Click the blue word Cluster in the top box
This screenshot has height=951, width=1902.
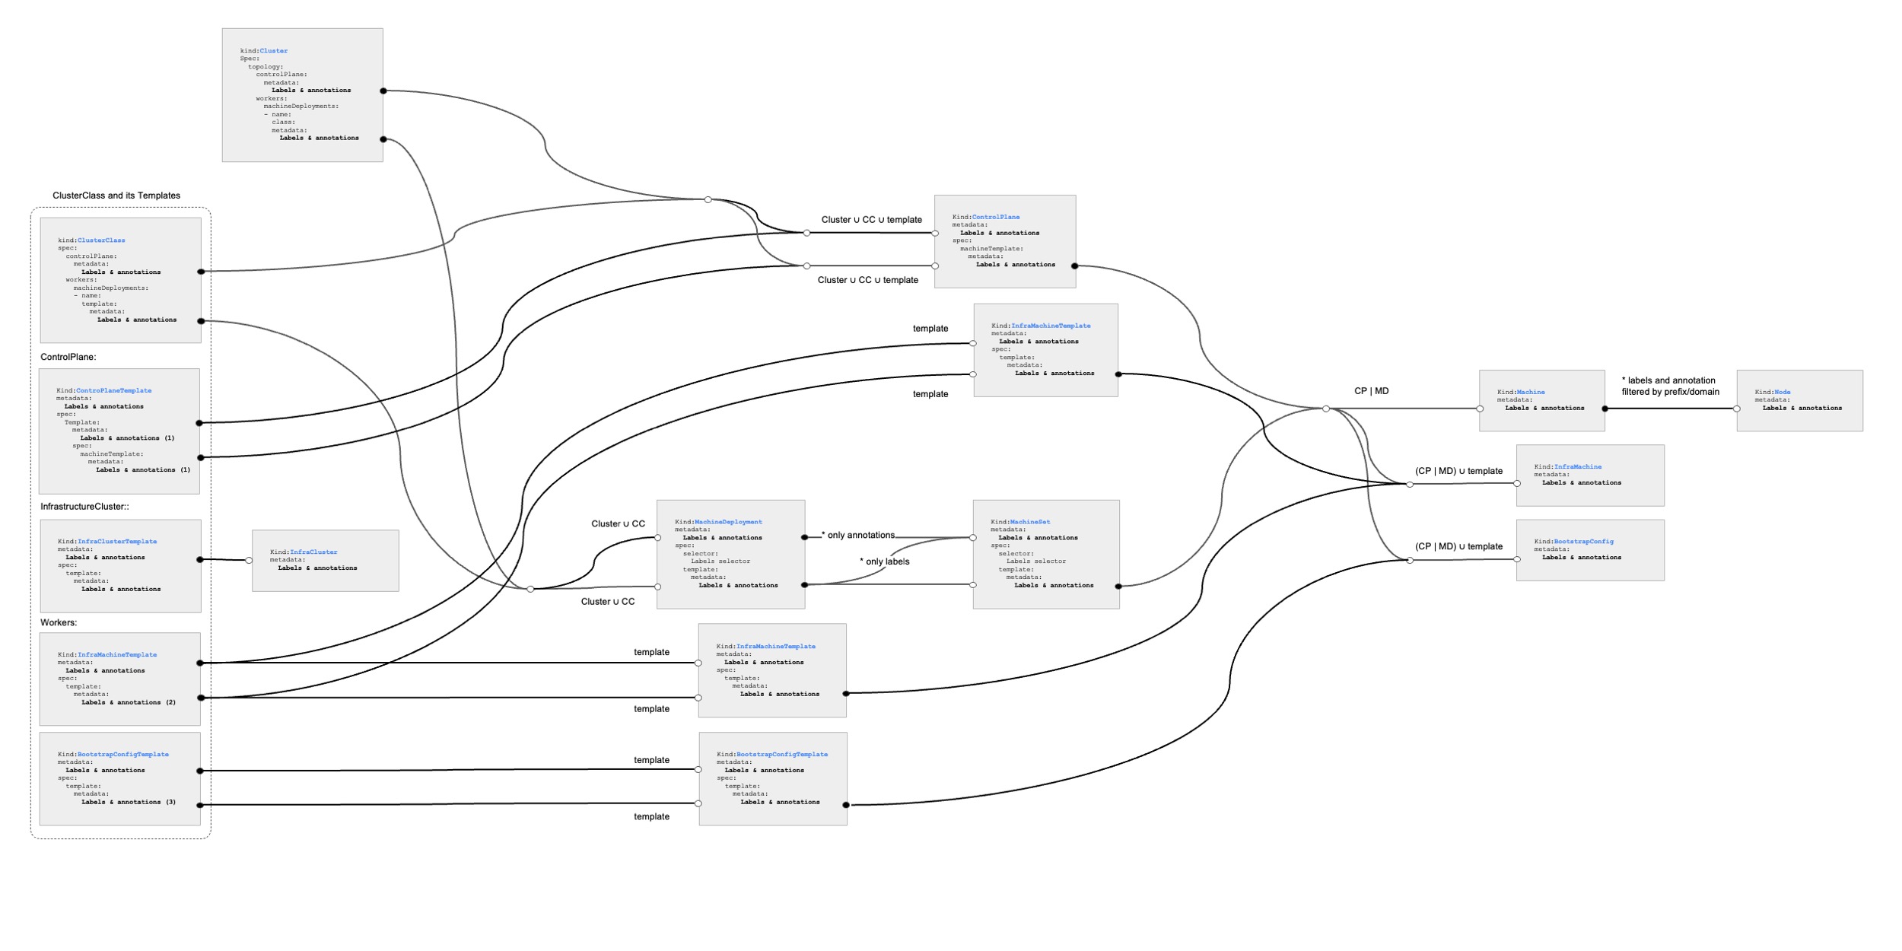[274, 51]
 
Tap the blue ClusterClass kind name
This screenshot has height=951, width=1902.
[101, 240]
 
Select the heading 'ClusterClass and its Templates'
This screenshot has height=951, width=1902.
[116, 196]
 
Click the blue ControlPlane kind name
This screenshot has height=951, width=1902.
[996, 217]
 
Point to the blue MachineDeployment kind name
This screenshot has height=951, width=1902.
[728, 522]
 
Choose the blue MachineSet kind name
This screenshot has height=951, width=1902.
[1030, 522]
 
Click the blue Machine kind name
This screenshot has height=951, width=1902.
[1531, 392]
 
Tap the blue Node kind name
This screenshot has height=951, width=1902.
[1783, 392]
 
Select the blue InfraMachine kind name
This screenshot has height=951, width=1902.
[1578, 466]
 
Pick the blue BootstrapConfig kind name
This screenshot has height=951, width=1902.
[1584, 542]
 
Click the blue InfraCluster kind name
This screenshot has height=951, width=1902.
[313, 552]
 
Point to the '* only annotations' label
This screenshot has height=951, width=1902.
[858, 535]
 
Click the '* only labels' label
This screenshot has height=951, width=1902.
[885, 561]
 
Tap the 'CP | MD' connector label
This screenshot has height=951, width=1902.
[1372, 391]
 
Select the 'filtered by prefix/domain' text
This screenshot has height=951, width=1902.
[1671, 392]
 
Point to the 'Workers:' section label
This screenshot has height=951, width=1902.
[59, 622]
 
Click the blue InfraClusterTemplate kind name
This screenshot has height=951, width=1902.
[117, 542]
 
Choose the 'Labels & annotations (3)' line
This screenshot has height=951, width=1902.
[129, 802]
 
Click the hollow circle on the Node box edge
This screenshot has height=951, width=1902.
[1737, 409]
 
